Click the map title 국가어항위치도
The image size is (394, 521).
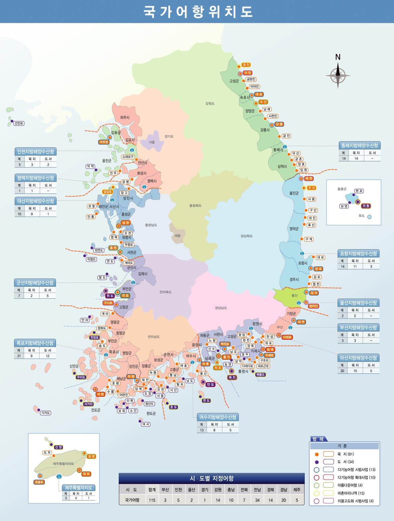pyautogui.click(x=198, y=11)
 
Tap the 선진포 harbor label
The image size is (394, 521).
pyautogui.click(x=19, y=123)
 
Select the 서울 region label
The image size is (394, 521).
pyautogui.click(x=152, y=142)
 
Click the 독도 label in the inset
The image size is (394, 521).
pyautogui.click(x=362, y=216)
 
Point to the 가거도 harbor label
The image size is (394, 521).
pyautogui.click(x=46, y=413)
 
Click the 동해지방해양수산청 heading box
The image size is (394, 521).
pyautogui.click(x=360, y=146)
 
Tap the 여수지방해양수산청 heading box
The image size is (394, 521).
pyautogui.click(x=218, y=417)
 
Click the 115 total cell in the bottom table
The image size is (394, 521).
pyautogui.click(x=152, y=500)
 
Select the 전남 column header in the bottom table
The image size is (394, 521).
pyautogui.click(x=257, y=490)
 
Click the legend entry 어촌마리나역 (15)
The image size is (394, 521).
pyautogui.click(x=351, y=493)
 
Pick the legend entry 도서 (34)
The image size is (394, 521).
pyautogui.click(x=345, y=462)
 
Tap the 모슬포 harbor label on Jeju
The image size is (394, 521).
pyautogui.click(x=39, y=482)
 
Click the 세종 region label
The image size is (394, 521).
pyautogui.click(x=177, y=236)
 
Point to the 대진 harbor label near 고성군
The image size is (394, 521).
pyautogui.click(x=246, y=65)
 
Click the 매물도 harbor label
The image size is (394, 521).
pyautogui.click(x=261, y=374)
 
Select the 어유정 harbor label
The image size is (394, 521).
pyautogui.click(x=104, y=142)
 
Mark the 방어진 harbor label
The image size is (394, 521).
pyautogui.click(x=313, y=306)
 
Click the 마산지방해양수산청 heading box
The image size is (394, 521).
pyautogui.click(x=359, y=358)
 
